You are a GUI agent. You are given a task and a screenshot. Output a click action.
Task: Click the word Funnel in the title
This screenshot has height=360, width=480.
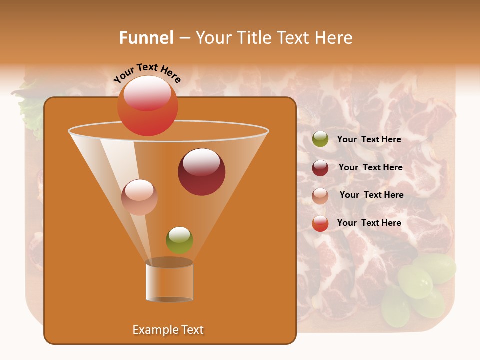tap(146, 38)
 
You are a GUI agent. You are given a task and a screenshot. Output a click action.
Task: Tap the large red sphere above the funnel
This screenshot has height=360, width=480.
tap(147, 106)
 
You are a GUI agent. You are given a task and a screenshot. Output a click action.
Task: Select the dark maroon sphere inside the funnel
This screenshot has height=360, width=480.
tap(201, 172)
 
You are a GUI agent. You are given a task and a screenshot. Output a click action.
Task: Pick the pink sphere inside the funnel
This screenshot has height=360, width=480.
tap(139, 197)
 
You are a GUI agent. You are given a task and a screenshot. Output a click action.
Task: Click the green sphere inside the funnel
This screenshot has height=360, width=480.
tap(179, 240)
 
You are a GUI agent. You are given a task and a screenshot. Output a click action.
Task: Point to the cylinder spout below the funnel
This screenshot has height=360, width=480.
tap(169, 281)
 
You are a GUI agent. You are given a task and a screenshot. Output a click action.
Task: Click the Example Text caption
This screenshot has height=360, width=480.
tap(168, 330)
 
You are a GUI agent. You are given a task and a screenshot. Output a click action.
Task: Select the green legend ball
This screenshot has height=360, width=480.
tap(320, 139)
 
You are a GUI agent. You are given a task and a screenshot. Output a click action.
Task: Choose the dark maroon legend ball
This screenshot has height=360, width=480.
tap(320, 168)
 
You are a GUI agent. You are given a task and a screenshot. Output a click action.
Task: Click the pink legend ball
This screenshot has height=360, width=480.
tap(320, 196)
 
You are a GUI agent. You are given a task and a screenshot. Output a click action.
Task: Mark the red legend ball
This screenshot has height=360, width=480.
tap(320, 223)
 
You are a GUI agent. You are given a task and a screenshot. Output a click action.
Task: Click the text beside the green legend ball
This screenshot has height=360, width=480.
tap(369, 140)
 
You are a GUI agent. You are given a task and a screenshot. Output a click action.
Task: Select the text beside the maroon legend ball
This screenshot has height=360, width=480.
tap(370, 168)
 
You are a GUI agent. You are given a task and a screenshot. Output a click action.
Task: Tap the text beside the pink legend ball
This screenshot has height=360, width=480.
tap(371, 195)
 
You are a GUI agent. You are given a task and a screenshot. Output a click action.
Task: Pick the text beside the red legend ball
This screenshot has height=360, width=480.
tap(369, 223)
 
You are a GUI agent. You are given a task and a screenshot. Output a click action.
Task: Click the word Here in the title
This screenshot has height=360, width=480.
tap(334, 38)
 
